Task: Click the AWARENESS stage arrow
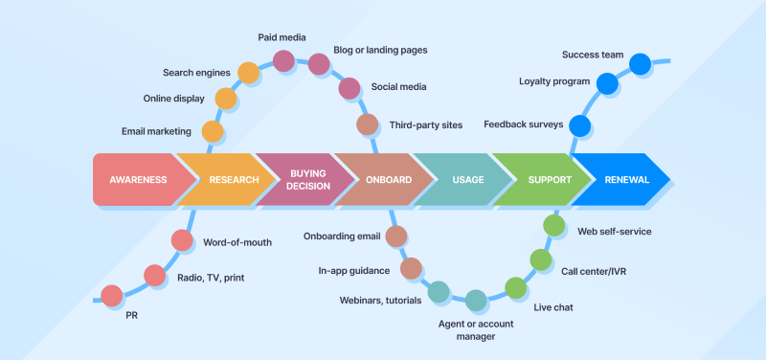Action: click(x=138, y=179)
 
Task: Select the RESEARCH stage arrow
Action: click(x=223, y=179)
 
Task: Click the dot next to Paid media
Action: click(x=284, y=61)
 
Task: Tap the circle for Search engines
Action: click(x=248, y=73)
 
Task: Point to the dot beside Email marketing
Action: click(x=213, y=131)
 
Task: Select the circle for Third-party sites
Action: click(x=368, y=124)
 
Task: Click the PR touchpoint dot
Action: click(x=111, y=296)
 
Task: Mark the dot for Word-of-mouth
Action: click(x=182, y=241)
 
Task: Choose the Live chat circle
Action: click(x=516, y=287)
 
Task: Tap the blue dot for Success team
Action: click(x=639, y=65)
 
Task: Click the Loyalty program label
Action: click(x=553, y=81)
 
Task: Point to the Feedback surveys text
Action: click(x=523, y=124)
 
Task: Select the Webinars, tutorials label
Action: click(x=381, y=300)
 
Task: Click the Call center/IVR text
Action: click(x=594, y=271)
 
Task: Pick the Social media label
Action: click(x=398, y=87)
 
